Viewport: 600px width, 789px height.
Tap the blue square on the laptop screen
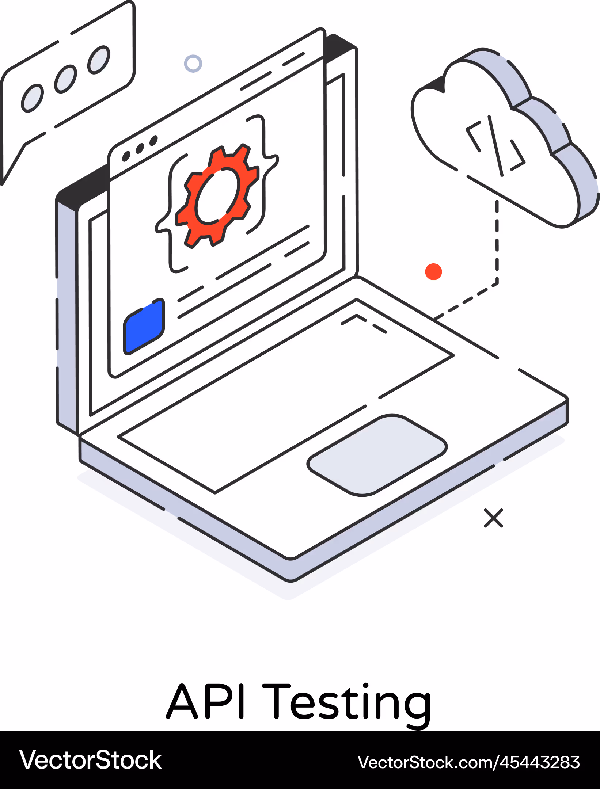tap(144, 326)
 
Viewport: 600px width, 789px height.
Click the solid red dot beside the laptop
tap(433, 272)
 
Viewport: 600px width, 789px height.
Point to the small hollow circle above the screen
tap(193, 64)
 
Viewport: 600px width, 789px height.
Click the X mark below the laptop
tap(493, 518)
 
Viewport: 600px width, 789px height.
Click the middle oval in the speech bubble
tap(66, 79)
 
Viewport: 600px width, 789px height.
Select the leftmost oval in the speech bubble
tap(33, 98)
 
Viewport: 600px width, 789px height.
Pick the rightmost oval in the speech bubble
tap(99, 60)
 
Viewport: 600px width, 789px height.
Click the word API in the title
tap(205, 701)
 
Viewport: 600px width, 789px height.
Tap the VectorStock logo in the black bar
tap(91, 760)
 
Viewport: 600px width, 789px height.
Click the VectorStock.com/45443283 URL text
tap(469, 762)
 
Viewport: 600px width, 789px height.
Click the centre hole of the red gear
tap(217, 196)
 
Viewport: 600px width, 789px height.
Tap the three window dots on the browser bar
tap(140, 148)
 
